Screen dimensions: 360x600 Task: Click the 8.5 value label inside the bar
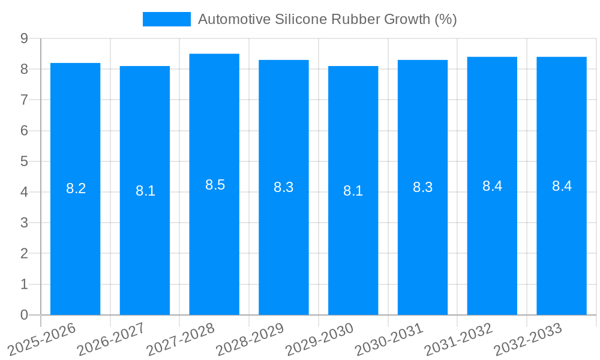point(215,185)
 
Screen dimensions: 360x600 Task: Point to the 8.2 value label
point(76,188)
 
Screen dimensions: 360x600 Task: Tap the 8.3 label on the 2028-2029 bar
point(283,187)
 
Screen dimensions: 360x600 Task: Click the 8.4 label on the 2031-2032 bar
point(492,186)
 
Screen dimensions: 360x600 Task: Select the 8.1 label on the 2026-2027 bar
point(145,191)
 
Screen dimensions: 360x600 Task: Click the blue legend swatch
point(166,19)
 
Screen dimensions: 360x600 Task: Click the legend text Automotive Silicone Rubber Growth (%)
point(327,19)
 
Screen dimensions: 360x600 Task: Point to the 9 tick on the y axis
point(24,38)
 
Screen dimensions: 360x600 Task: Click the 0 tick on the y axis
point(24,315)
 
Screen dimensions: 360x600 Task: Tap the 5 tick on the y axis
point(24,161)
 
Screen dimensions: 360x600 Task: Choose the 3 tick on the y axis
point(24,223)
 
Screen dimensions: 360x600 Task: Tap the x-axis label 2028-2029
point(249,340)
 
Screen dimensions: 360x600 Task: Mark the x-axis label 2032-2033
point(527,340)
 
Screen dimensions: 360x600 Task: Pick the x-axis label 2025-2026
point(41,340)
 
